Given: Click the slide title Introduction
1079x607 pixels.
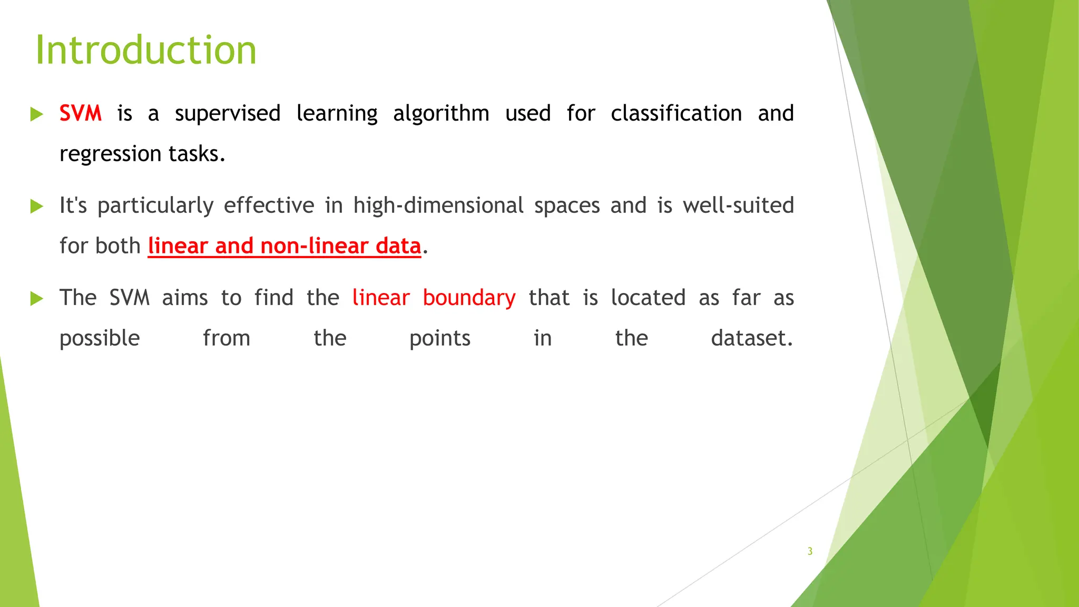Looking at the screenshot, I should (146, 50).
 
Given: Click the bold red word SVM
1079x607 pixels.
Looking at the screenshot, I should (80, 113).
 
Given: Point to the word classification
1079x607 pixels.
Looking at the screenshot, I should (676, 113).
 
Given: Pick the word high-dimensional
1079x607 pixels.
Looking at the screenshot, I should (438, 205).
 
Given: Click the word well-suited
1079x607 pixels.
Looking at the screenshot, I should (738, 205).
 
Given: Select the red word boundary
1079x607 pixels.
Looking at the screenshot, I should (469, 298).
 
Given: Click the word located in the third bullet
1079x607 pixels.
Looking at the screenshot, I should (648, 298).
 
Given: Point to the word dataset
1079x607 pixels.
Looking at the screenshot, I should (751, 338).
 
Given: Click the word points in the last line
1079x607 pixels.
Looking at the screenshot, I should (439, 339).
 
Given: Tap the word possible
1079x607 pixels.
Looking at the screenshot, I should (100, 339).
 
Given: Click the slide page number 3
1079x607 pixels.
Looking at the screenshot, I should (810, 551).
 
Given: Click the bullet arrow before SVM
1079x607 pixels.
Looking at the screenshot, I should (36, 114).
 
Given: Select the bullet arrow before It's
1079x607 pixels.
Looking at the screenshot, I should (36, 206).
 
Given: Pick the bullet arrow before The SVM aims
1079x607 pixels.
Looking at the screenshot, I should (36, 298).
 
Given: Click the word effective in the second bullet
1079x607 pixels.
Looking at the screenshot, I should (269, 205).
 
